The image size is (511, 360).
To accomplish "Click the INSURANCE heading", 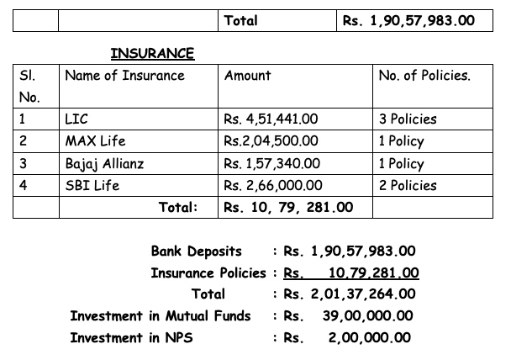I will tap(152, 54).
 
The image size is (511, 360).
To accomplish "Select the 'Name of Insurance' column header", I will tap(124, 76).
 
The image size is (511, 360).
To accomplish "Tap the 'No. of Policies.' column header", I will tap(424, 76).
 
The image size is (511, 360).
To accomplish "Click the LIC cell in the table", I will tap(76, 119).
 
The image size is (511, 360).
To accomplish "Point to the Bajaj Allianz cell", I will tap(104, 163).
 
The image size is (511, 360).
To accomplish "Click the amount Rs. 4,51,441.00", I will tap(276, 119).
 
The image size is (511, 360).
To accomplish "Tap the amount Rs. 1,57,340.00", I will tap(276, 163).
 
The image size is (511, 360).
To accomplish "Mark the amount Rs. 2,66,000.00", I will tap(277, 185).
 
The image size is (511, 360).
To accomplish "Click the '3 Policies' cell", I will tap(408, 119).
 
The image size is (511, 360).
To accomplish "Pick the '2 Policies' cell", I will tap(408, 185).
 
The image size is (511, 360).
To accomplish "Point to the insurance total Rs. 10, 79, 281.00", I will tap(288, 207).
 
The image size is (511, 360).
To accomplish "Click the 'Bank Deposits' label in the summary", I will tap(196, 251).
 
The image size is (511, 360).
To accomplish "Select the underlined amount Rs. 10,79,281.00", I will tap(351, 273).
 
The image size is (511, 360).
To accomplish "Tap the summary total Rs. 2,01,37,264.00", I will tap(349, 294).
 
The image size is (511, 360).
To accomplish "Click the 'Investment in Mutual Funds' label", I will tap(160, 316).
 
